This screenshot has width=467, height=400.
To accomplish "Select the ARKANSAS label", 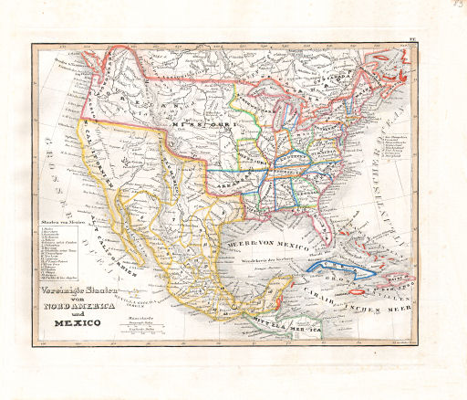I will [235, 180].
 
